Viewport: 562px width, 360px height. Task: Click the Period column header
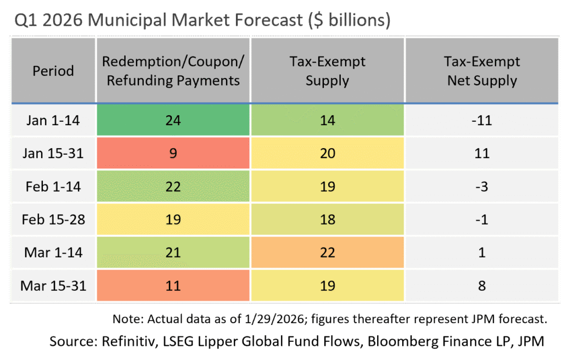click(53, 71)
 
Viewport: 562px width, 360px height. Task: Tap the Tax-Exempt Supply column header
click(327, 71)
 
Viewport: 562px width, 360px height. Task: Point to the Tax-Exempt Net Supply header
click(482, 71)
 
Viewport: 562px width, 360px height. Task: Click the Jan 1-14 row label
click(53, 120)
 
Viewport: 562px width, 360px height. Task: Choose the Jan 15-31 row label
click(53, 153)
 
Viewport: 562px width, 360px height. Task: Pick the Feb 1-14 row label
click(53, 187)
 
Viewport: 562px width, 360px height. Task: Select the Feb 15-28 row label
click(53, 220)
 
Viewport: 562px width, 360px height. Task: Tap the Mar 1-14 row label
click(53, 252)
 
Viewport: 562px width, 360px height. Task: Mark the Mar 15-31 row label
click(53, 285)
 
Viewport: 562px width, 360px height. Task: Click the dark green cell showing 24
click(173, 120)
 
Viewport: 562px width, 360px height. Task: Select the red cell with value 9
click(173, 153)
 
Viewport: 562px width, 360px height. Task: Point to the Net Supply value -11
click(482, 120)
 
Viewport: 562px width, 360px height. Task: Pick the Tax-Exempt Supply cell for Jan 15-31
click(327, 153)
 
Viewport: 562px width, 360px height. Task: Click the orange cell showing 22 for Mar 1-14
click(327, 252)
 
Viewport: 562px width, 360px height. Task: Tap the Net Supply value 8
click(482, 285)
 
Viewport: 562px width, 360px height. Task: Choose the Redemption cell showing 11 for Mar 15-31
click(173, 285)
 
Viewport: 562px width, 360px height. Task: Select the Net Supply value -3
click(482, 187)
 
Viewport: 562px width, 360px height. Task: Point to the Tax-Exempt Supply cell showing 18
click(327, 220)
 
